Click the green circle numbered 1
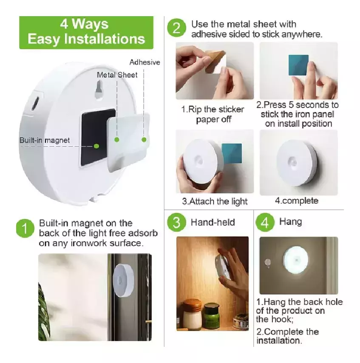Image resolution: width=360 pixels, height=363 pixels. (x=25, y=228)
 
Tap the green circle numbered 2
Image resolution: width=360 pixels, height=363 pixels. (x=176, y=28)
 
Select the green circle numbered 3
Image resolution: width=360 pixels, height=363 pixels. (x=176, y=222)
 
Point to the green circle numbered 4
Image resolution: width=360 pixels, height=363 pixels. (x=265, y=222)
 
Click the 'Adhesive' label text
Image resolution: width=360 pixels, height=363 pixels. (x=145, y=62)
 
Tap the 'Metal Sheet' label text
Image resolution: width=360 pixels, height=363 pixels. (x=117, y=75)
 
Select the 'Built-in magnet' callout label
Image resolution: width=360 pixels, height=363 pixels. (x=45, y=140)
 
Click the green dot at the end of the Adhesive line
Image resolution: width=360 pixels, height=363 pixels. (x=144, y=140)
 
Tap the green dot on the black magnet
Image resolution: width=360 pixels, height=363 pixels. (x=96, y=146)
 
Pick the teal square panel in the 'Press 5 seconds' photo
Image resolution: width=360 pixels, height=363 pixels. (x=298, y=65)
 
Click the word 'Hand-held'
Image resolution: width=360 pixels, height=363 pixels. (x=213, y=222)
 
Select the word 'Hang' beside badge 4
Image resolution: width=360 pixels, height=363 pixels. (x=290, y=222)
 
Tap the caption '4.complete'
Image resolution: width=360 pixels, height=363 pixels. (x=297, y=201)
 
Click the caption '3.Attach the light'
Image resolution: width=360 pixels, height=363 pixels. (x=215, y=201)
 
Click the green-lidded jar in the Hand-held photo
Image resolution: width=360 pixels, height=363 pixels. (x=212, y=315)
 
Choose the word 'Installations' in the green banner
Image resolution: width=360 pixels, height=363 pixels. (x=105, y=39)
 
